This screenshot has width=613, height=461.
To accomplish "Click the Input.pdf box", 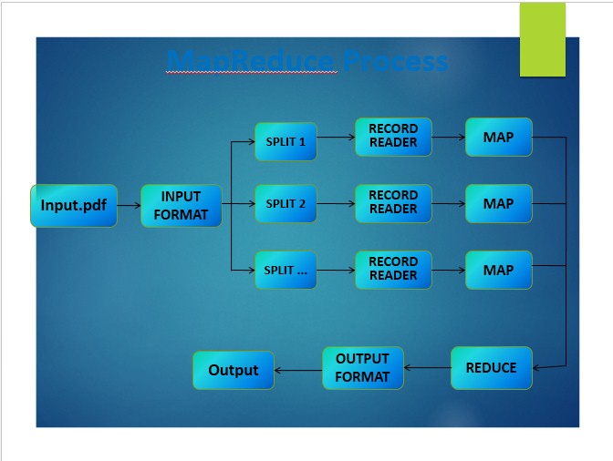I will click(x=74, y=206).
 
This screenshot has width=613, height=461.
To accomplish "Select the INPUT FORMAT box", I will click(x=181, y=206).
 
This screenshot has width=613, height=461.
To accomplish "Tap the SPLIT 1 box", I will click(x=286, y=142).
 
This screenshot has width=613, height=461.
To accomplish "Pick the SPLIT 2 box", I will click(x=286, y=204).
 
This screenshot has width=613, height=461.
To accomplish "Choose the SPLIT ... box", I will click(x=286, y=271).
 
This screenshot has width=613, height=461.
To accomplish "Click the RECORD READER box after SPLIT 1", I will click(x=393, y=137).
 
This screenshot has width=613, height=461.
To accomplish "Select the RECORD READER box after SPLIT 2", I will click(x=393, y=202).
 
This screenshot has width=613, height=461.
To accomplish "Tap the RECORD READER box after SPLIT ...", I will click(x=393, y=269).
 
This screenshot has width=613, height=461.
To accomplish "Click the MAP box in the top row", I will click(x=498, y=138).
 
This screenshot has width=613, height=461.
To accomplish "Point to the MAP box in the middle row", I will click(x=498, y=204).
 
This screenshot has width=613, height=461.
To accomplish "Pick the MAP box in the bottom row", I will click(x=498, y=271).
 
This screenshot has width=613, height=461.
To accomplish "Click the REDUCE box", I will click(x=491, y=368).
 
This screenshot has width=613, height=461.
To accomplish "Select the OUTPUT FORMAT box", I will click(x=362, y=368).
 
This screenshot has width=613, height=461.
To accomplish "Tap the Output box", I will click(x=234, y=370).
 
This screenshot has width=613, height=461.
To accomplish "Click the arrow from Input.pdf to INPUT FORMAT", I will click(x=129, y=206).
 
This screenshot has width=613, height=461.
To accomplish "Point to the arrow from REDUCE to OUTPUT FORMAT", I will click(x=427, y=368).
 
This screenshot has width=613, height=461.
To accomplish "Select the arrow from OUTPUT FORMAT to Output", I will click(x=298, y=370).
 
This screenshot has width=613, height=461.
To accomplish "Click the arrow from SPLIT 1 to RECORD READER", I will click(x=336, y=138).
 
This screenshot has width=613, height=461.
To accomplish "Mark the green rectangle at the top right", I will click(x=543, y=39).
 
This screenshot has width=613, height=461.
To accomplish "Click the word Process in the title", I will click(x=397, y=61).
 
